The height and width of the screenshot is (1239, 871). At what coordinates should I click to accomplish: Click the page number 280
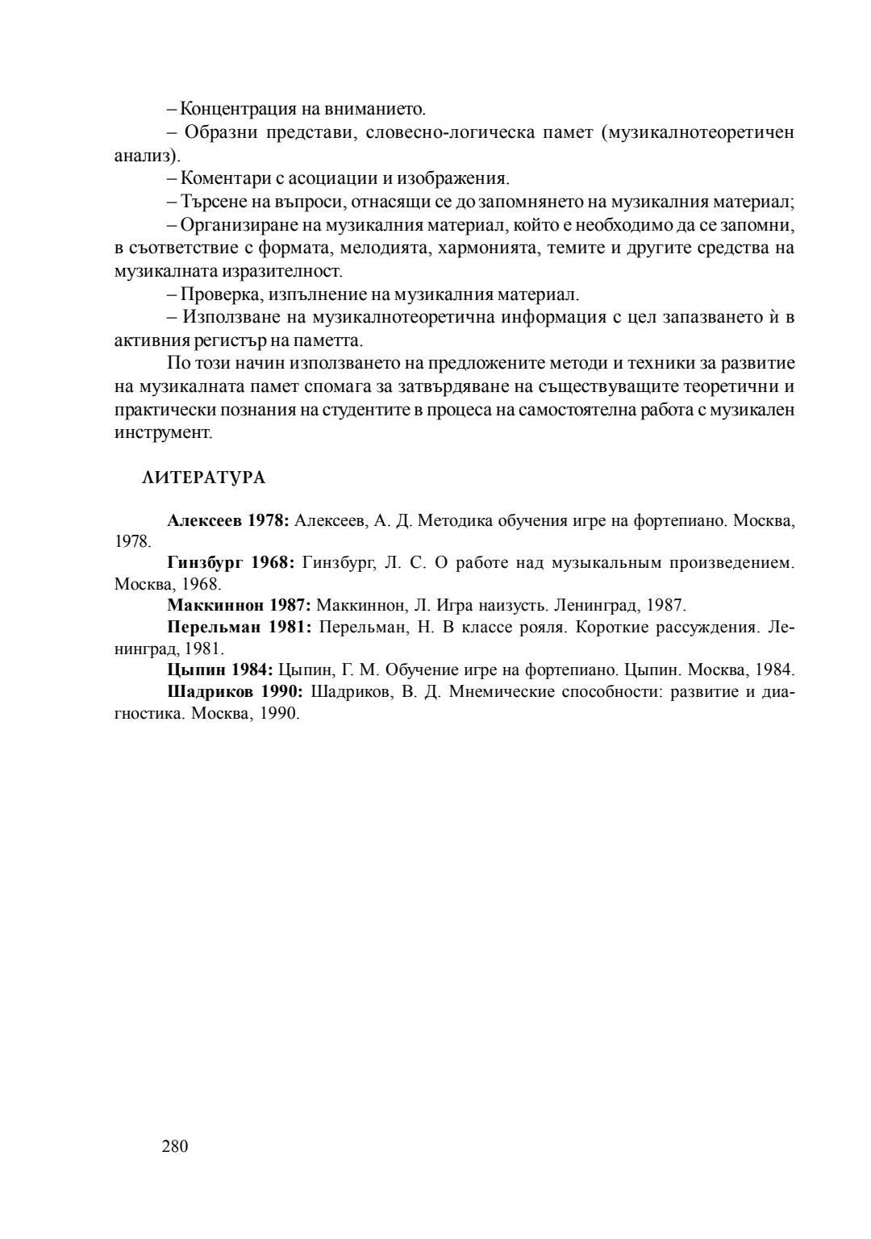click(x=174, y=1146)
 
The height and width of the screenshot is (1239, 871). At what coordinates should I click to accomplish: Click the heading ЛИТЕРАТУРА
click(x=203, y=478)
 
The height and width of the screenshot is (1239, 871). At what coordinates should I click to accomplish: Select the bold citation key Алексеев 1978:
click(x=228, y=520)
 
